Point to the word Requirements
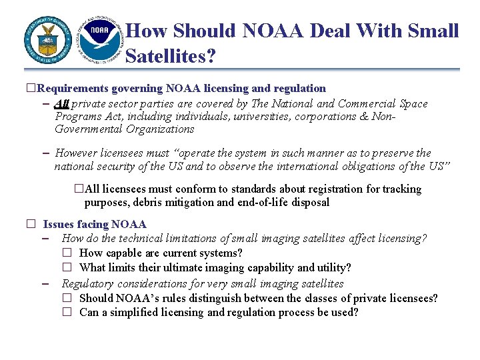point(73,88)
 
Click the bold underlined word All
point(62,103)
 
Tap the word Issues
point(59,225)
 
